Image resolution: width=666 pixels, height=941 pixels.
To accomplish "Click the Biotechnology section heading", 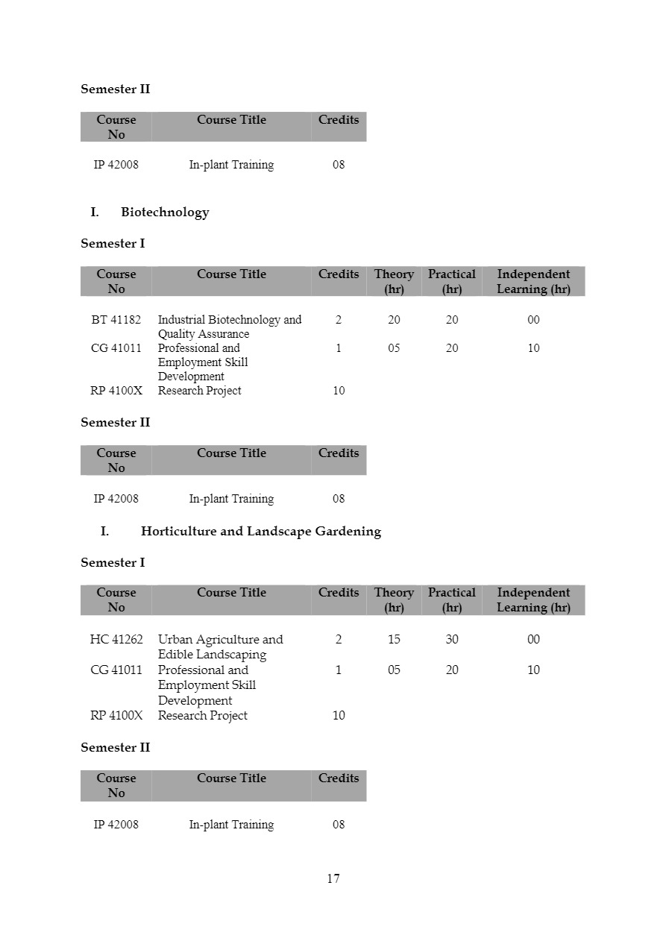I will coord(164,213).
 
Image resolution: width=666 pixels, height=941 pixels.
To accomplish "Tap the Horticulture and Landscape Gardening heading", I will coord(260,532).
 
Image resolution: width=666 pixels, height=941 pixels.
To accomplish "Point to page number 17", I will coord(333,878).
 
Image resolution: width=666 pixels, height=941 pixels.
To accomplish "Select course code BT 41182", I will coord(116,320).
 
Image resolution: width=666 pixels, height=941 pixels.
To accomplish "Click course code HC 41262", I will coord(116,639).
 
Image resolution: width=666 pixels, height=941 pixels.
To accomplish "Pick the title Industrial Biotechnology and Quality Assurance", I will coord(229,327).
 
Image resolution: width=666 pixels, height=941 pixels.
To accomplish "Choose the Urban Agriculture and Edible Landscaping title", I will coord(220,646).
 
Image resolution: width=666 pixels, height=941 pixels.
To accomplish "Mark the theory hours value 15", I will coord(394,639).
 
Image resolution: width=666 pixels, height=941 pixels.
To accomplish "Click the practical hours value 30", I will coord(452,639).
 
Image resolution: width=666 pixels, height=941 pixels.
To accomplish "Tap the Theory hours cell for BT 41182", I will coord(394,320).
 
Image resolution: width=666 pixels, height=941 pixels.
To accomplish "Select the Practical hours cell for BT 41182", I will coord(452,320).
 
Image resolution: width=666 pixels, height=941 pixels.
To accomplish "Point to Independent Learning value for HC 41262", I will coord(533,639).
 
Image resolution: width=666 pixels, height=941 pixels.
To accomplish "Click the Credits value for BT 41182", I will coord(339,320).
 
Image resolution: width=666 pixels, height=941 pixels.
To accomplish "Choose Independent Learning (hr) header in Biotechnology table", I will coord(533,281).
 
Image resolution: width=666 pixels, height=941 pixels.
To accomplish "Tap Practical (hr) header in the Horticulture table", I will coord(452,599).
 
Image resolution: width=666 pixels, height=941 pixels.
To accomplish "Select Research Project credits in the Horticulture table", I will coord(339,716).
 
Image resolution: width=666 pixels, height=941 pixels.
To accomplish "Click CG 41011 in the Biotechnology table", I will coord(116,348).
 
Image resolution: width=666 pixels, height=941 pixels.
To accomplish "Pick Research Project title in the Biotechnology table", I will coord(199,391).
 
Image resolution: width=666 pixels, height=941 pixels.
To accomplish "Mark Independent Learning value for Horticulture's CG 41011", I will coord(533,670).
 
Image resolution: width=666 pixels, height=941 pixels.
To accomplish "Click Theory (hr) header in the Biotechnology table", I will coord(394,281).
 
